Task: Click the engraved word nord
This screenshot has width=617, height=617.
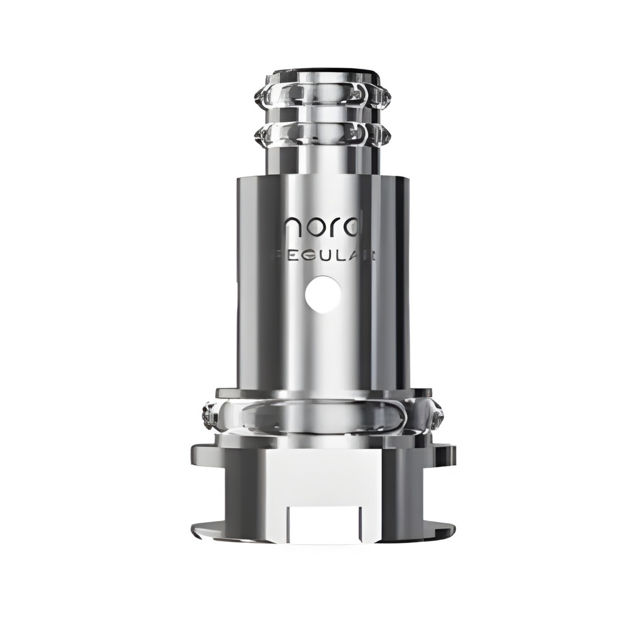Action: pos(322,231)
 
